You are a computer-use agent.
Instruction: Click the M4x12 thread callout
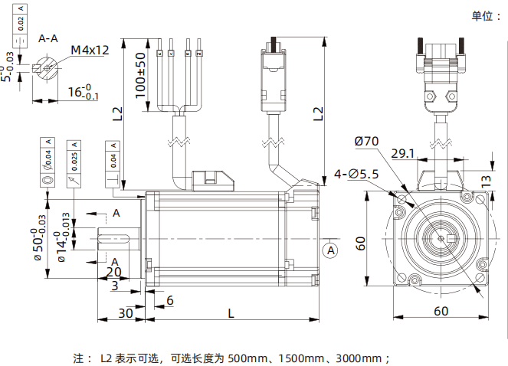tap(90, 51)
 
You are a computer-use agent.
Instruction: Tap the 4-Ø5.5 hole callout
tap(358, 175)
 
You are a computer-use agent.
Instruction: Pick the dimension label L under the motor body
tap(231, 312)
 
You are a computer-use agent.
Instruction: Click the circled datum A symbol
tap(330, 250)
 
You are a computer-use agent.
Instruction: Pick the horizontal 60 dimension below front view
tap(441, 310)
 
